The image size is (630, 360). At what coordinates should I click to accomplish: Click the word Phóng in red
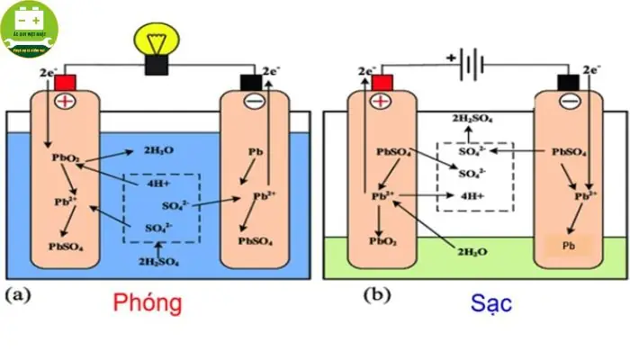(147, 303)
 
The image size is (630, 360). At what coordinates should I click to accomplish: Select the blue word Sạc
(491, 303)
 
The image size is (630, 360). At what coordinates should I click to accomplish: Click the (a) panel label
(20, 294)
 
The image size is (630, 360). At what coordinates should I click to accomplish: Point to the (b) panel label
(374, 294)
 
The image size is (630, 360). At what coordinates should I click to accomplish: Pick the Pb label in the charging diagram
(568, 245)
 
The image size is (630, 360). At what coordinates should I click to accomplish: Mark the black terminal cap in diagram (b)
(569, 83)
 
